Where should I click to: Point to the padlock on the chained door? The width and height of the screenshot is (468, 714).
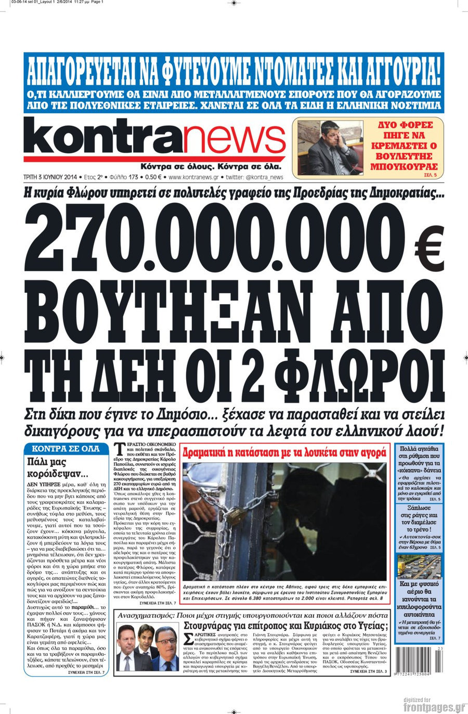click(x=236, y=515)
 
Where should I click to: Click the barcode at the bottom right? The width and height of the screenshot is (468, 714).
click(x=419, y=660)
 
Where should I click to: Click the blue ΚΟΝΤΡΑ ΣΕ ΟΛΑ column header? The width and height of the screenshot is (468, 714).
click(x=66, y=448)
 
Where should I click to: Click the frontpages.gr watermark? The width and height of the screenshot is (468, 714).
click(x=433, y=707)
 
